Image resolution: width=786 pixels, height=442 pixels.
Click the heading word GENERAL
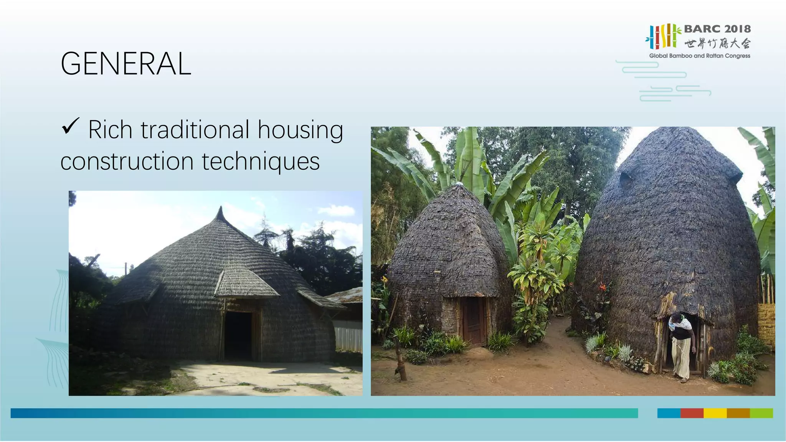[125, 64]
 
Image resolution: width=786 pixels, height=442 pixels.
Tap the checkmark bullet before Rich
[70, 126]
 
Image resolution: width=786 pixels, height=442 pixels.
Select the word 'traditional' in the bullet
[195, 130]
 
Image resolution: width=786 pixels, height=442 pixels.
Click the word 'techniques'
[261, 161]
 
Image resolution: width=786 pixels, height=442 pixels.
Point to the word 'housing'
[300, 130]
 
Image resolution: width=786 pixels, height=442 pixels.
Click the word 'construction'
[127, 161]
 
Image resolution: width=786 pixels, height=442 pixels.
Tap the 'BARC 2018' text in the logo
[717, 29]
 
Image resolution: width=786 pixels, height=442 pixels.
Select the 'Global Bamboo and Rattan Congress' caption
[699, 56]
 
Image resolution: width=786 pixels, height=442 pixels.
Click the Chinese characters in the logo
[717, 43]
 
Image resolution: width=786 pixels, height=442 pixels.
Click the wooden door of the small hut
[474, 321]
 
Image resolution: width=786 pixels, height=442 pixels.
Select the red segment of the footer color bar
[692, 413]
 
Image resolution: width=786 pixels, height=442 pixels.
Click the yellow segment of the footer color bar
[715, 413]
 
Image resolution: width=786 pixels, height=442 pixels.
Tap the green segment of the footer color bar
[761, 413]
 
